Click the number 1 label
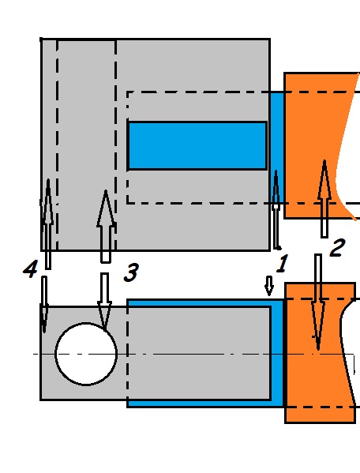click(x=282, y=263)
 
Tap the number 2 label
click(x=337, y=248)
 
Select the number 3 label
click(x=132, y=272)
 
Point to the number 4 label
click(x=31, y=268)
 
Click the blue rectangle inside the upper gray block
click(x=197, y=146)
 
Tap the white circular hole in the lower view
click(x=86, y=354)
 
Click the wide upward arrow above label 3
click(x=106, y=227)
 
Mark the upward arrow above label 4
click(x=48, y=224)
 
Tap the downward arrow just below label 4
click(x=44, y=304)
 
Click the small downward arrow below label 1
click(x=269, y=285)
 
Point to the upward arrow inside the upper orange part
click(x=324, y=199)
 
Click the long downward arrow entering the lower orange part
click(x=318, y=302)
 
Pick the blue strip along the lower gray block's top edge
click(x=199, y=303)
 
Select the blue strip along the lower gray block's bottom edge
click(x=199, y=404)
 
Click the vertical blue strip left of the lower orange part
click(x=278, y=354)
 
